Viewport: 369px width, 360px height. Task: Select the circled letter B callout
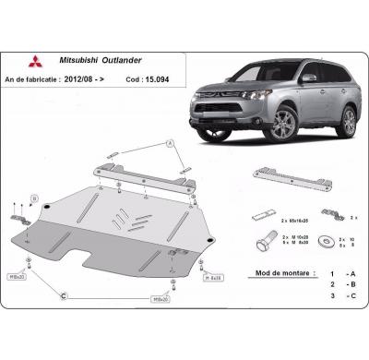pos(33,198)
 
